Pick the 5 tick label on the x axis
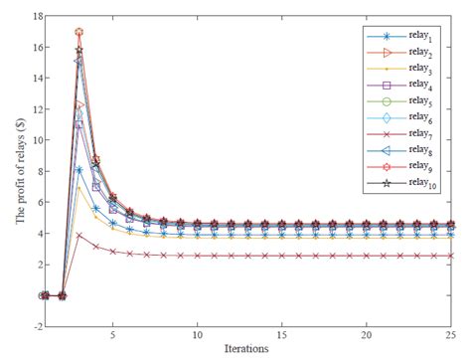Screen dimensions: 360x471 coord(113,336)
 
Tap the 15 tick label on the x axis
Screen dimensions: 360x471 coord(283,336)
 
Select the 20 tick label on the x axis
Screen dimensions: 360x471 coord(368,336)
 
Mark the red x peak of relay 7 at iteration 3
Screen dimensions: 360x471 coord(79,235)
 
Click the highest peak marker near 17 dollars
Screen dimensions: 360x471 coord(79,33)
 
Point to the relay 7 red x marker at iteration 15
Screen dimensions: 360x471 coord(283,256)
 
